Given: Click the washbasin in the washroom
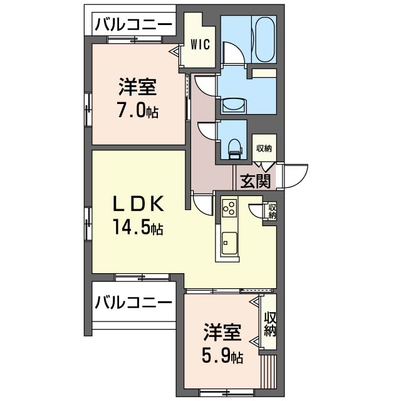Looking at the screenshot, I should click(234, 104).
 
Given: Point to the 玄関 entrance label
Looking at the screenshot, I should click(255, 182).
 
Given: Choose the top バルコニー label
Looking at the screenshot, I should click(133, 25).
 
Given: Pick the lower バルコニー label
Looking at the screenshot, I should click(133, 303).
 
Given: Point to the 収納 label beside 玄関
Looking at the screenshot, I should click(264, 148).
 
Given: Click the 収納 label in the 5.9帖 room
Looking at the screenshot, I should click(270, 324).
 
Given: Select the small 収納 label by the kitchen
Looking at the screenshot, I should click(273, 211).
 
